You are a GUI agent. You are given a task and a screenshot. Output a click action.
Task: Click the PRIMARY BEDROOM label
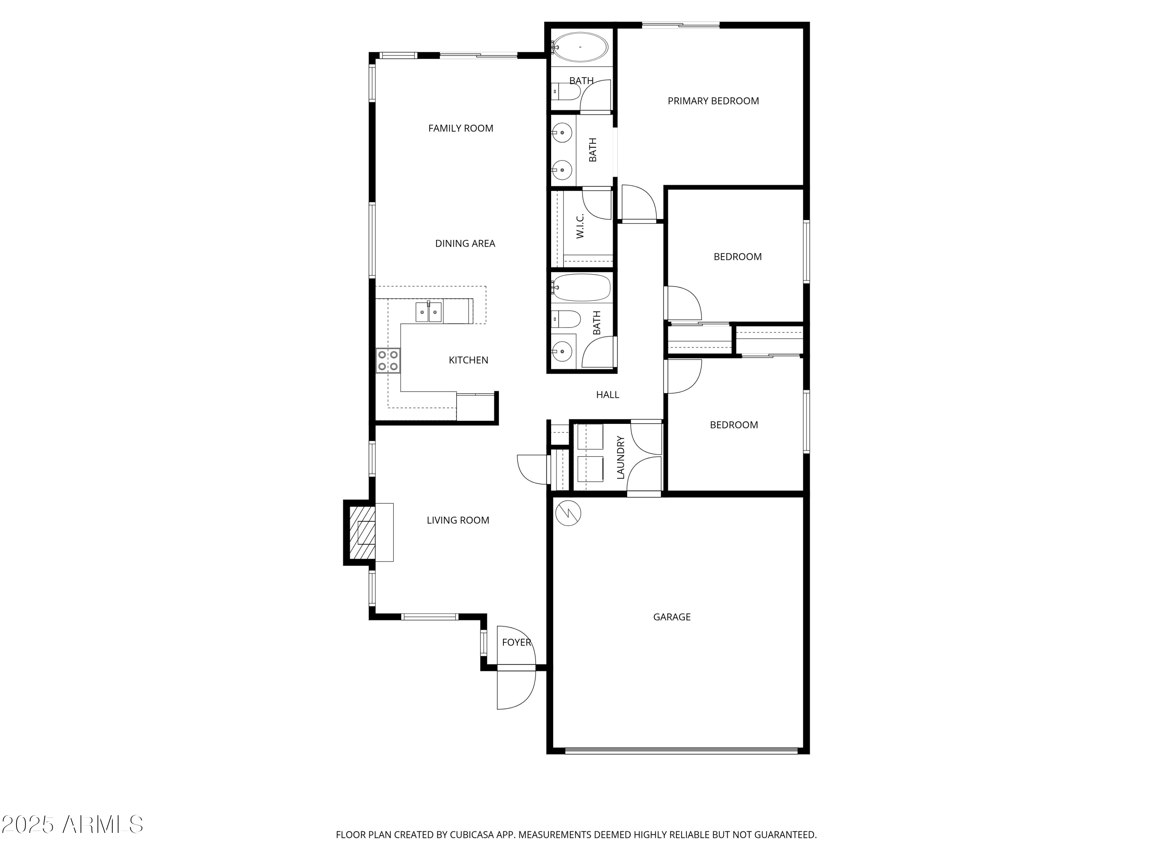tap(713, 101)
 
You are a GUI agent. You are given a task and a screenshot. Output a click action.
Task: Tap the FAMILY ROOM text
tap(460, 128)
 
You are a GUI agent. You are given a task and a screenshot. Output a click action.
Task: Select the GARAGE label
tap(671, 617)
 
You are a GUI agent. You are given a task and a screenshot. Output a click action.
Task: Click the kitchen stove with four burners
tap(388, 361)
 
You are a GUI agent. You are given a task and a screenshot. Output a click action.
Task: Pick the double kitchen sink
tap(429, 313)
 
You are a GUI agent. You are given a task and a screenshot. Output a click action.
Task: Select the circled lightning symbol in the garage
tap(568, 513)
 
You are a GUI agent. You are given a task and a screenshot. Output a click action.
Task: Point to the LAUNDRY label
tap(620, 457)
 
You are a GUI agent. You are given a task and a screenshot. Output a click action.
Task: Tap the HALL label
tap(607, 395)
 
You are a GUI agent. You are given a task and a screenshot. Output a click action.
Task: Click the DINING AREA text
tap(465, 243)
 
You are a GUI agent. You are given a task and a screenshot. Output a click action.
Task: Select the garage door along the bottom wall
tap(681, 750)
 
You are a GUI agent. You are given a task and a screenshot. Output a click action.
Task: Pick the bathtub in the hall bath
tap(581, 288)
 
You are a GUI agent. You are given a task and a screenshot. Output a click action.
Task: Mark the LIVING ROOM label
tap(458, 520)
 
